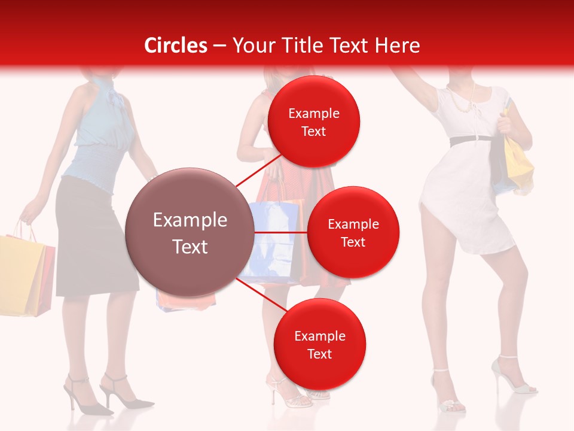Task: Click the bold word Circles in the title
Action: tap(176, 45)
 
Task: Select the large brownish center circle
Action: tap(190, 233)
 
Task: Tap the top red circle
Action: tap(314, 122)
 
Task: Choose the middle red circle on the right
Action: tap(353, 232)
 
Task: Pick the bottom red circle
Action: tap(319, 344)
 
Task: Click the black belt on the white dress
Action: tap(470, 140)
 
